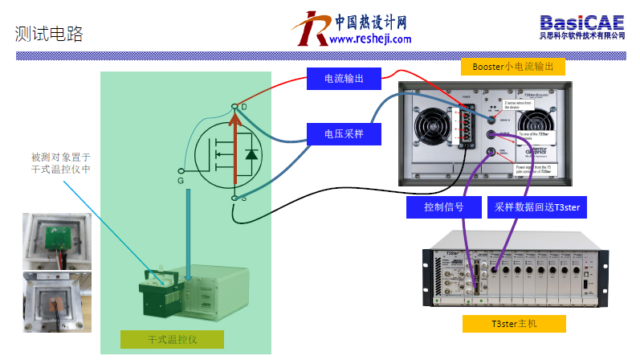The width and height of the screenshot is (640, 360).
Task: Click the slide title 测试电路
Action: click(49, 34)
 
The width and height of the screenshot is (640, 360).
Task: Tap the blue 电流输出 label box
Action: click(342, 78)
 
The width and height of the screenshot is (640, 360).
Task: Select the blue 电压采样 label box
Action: click(342, 133)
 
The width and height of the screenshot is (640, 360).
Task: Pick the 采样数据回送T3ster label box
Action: click(538, 207)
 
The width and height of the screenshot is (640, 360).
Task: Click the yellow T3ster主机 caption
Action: click(515, 324)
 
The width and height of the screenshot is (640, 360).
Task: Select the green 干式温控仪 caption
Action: click(172, 339)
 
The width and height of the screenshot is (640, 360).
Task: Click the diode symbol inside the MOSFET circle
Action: click(252, 153)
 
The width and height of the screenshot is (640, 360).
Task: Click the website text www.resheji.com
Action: click(370, 39)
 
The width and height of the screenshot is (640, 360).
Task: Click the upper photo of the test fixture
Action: click(56, 239)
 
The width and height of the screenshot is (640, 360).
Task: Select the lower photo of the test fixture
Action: click(56, 301)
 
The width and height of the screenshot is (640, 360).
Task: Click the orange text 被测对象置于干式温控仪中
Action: click(60, 163)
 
